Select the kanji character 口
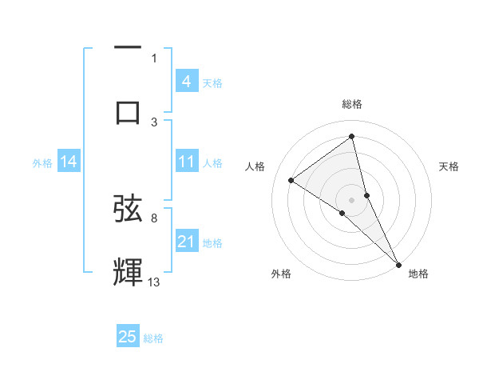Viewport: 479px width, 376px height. click(x=128, y=112)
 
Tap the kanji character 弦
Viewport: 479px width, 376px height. click(x=128, y=210)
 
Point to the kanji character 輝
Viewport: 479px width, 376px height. click(x=128, y=272)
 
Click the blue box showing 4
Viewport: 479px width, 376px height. click(x=186, y=82)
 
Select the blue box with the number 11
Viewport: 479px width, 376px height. click(x=186, y=162)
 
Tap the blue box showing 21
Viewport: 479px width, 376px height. click(x=186, y=242)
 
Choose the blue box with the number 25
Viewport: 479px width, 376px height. click(x=128, y=338)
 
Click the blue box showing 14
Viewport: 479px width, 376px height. click(x=69, y=162)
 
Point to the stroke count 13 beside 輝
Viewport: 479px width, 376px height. click(x=154, y=282)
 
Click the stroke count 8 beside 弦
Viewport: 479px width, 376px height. click(x=154, y=218)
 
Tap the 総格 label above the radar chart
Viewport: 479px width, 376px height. click(x=352, y=104)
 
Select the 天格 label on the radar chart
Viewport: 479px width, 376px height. click(x=449, y=166)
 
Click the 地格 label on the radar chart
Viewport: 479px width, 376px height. click(x=418, y=274)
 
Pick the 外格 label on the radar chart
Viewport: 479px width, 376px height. click(x=281, y=274)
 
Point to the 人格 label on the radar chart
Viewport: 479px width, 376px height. click(x=255, y=166)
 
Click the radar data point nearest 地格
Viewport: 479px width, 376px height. click(x=398, y=263)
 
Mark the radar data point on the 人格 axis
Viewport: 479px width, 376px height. click(x=291, y=180)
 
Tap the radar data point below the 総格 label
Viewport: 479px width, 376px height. click(x=352, y=137)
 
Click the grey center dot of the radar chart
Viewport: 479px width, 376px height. click(x=352, y=199)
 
